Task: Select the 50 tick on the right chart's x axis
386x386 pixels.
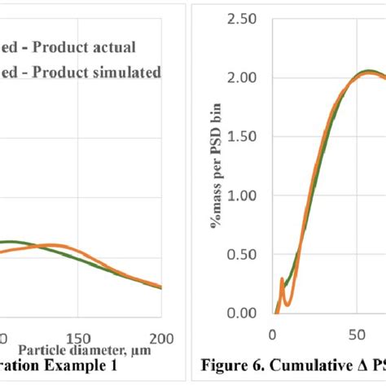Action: (355, 333)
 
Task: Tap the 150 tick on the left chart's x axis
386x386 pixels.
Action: (77, 339)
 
